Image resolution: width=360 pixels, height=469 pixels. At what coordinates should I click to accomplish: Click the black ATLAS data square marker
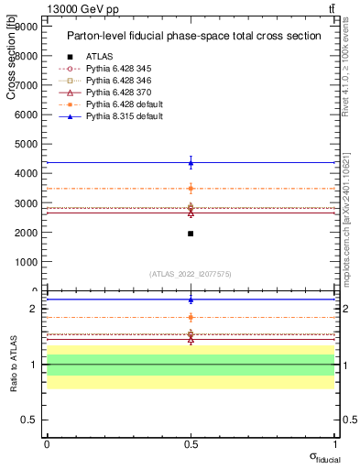pos(191,234)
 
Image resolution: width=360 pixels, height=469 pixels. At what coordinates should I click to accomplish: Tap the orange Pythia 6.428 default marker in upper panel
pos(191,189)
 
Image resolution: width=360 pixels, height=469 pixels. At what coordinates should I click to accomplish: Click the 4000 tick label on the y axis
pos(27,173)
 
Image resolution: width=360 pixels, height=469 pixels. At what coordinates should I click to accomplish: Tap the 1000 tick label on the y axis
pos(27,261)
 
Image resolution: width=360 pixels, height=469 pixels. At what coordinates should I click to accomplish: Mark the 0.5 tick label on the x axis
pos(191,443)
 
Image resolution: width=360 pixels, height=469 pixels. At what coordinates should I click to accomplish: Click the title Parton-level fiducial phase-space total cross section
pos(193,37)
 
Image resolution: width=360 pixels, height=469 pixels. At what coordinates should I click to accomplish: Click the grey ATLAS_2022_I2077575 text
pos(191,274)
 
